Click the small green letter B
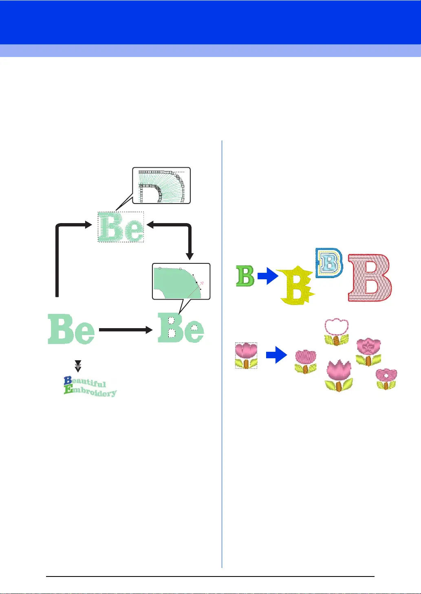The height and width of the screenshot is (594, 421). (245, 276)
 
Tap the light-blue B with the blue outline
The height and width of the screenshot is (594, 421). (329, 263)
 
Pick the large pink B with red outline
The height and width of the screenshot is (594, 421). (370, 278)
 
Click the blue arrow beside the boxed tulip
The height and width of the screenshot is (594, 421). (276, 355)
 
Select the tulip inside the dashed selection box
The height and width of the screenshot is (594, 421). (247, 355)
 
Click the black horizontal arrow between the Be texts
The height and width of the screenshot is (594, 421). (126, 330)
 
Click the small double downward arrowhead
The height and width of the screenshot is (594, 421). (78, 366)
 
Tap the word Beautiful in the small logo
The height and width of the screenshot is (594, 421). (86, 383)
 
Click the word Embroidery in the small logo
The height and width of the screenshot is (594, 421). (90, 392)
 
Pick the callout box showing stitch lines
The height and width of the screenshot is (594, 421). (161, 186)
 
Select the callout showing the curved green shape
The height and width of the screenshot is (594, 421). (181, 281)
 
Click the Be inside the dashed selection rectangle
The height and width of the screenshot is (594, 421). (121, 227)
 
